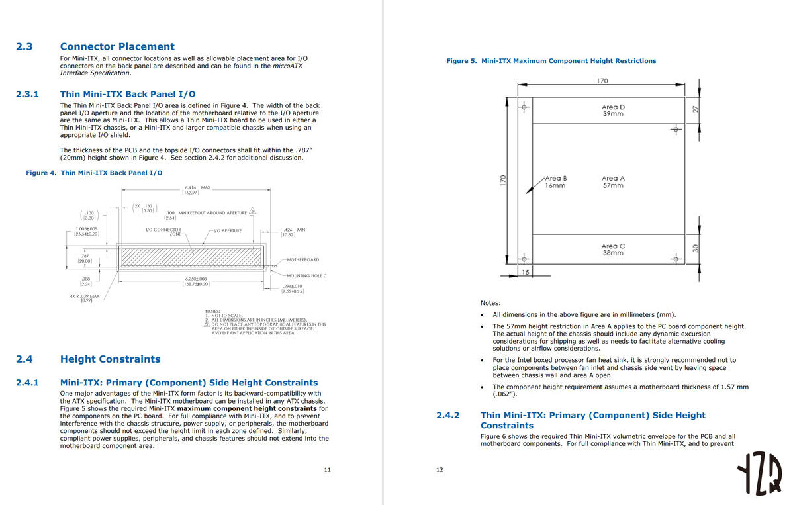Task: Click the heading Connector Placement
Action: click(x=117, y=46)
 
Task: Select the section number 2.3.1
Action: click(x=27, y=94)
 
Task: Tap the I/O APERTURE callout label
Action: click(x=226, y=230)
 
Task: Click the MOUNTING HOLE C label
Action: click(x=306, y=275)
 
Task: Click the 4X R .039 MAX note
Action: click(x=85, y=298)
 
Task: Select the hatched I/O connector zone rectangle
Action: click(x=191, y=255)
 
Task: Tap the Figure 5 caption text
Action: click(x=551, y=61)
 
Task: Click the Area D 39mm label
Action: click(x=613, y=110)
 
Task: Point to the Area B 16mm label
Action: click(x=555, y=182)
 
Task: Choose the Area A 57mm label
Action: click(x=613, y=182)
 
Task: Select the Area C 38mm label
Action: click(x=613, y=249)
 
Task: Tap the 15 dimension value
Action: click(x=526, y=273)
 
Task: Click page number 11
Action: click(x=327, y=469)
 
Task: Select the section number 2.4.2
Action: click(x=448, y=415)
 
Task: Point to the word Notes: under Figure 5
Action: click(x=490, y=302)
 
